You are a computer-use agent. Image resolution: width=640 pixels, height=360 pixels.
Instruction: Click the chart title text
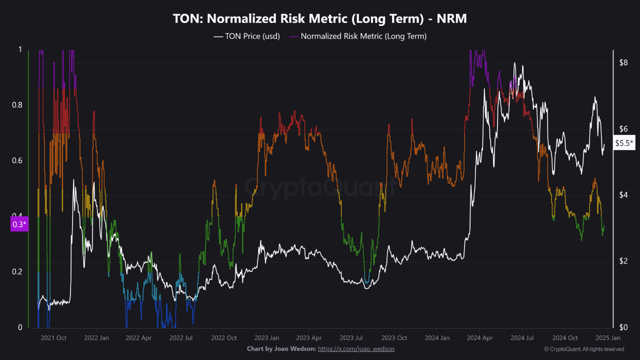pos(320,18)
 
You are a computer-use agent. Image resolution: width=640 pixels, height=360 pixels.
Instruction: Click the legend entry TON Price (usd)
pos(246,36)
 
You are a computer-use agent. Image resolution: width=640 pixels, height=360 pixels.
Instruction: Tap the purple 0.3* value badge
pos(18,224)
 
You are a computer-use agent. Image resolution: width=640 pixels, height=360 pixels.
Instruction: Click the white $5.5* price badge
pos(624,142)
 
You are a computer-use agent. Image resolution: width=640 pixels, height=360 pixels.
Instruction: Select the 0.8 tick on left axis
pos(17,105)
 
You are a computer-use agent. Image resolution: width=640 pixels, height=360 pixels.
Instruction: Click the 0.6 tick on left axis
pos(17,160)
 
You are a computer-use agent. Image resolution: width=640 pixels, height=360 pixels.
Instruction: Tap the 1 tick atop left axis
pos(20,49)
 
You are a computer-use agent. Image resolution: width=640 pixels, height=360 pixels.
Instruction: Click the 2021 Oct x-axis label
pos(53,338)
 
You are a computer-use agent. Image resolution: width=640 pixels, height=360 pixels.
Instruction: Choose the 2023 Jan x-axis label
pos(266,338)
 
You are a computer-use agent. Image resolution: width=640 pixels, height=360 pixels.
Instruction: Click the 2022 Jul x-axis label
pos(181,338)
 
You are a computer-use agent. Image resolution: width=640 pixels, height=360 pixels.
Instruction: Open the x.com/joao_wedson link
pos(356,348)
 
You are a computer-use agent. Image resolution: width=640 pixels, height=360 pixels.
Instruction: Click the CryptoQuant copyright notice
pos(583,349)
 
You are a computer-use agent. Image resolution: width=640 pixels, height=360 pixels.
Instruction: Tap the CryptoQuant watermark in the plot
pos(320,187)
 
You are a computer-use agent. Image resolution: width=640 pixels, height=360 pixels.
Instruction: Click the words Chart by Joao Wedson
pos(281,348)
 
